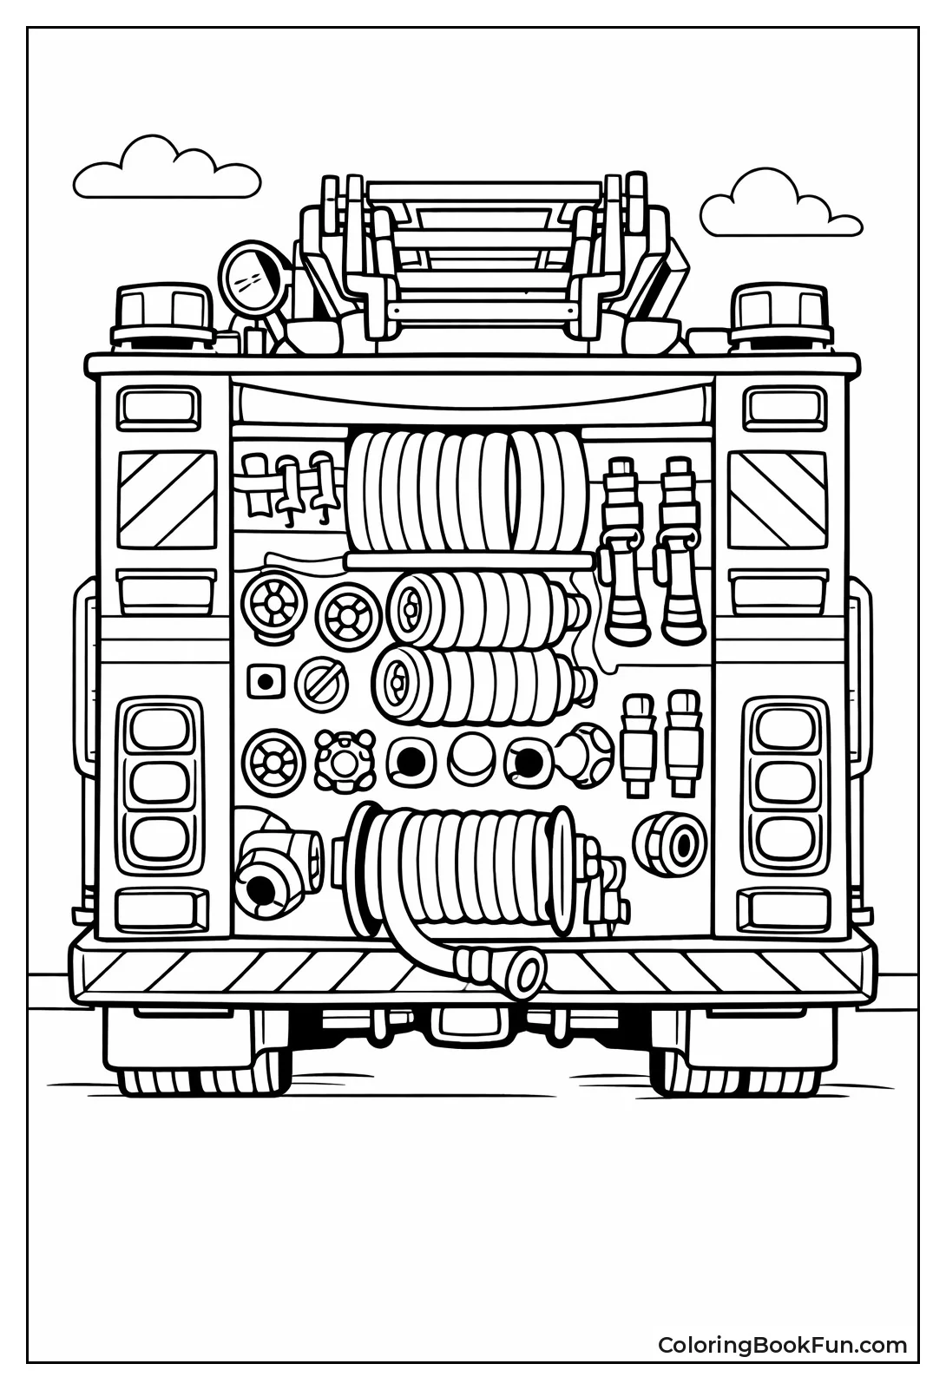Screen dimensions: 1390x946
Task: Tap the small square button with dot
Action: [264, 680]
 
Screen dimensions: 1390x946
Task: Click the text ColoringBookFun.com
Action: [782, 1346]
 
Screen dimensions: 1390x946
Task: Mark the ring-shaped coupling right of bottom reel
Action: [670, 841]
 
